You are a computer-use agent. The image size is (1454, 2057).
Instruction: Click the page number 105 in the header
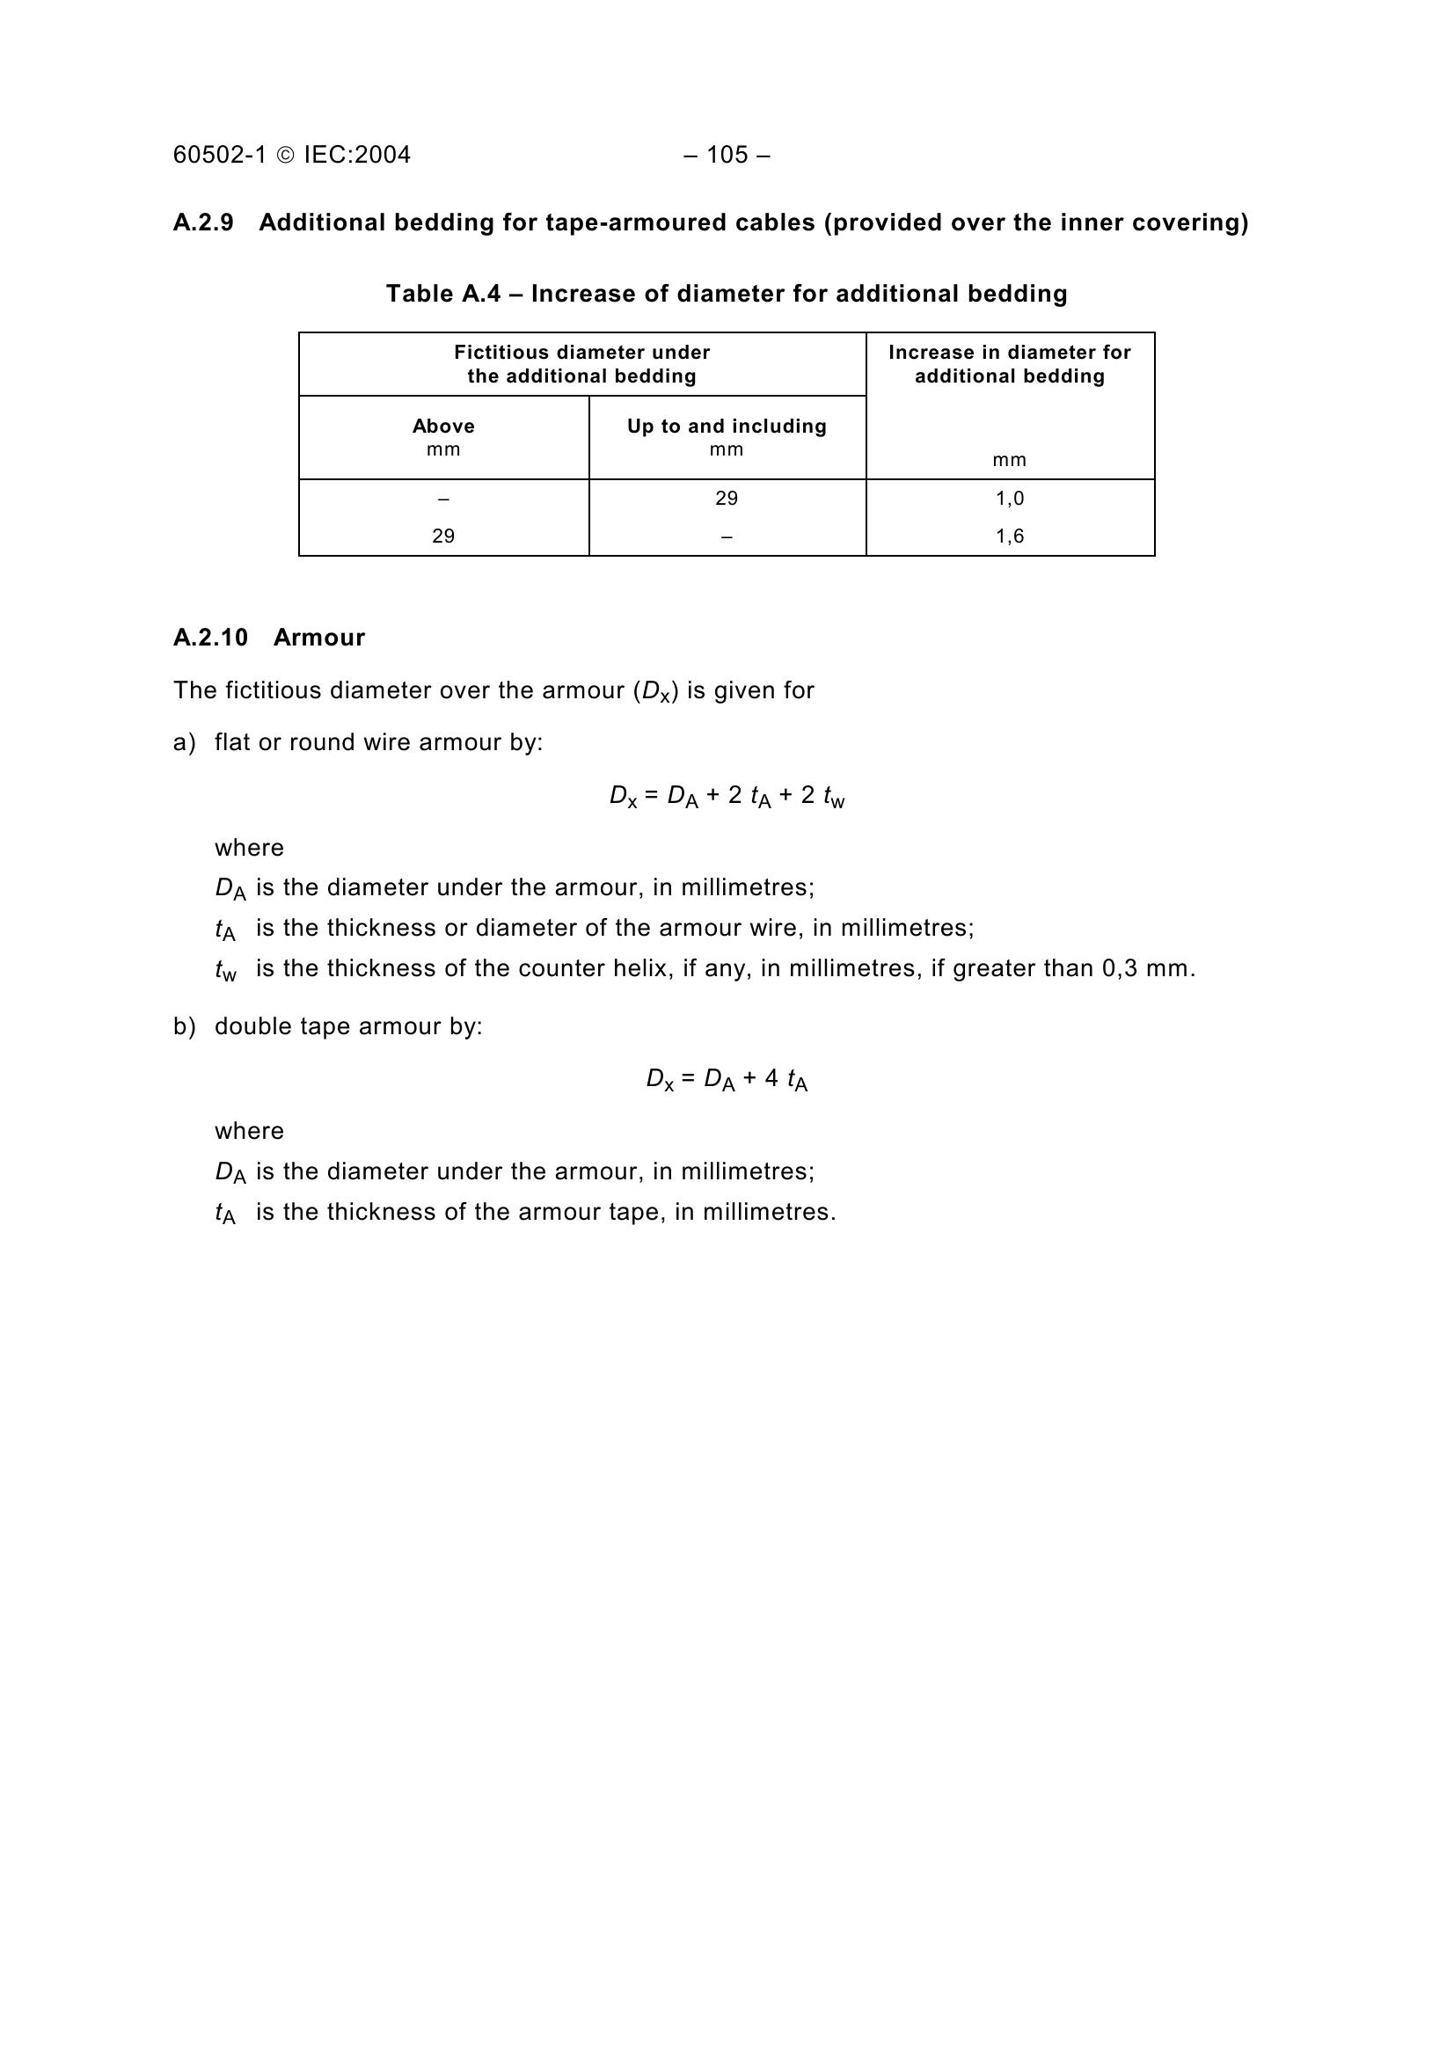click(727, 155)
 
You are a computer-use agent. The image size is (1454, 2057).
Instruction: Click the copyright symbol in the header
click(285, 156)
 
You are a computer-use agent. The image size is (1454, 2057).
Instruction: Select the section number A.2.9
click(203, 222)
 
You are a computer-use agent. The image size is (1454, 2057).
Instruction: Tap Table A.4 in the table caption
click(442, 294)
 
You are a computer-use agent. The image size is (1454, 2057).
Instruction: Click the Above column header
click(443, 427)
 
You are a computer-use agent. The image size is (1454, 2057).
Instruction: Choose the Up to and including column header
click(727, 427)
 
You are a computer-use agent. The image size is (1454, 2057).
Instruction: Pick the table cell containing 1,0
click(1010, 498)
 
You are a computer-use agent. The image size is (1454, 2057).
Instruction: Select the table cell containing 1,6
click(1010, 536)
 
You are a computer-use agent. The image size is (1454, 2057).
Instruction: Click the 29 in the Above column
click(443, 536)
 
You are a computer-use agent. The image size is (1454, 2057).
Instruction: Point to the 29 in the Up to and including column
click(727, 498)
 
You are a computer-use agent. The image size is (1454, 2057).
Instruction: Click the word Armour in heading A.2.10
click(319, 638)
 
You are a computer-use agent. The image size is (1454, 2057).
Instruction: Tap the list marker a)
click(184, 743)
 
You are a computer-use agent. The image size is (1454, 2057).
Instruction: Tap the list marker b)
click(184, 1026)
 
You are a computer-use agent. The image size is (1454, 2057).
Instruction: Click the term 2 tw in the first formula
click(822, 797)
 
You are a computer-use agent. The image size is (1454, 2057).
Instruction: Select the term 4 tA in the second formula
click(785, 1081)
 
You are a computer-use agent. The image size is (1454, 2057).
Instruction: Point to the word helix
click(642, 968)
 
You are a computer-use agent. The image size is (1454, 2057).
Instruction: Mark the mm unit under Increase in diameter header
click(1010, 461)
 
